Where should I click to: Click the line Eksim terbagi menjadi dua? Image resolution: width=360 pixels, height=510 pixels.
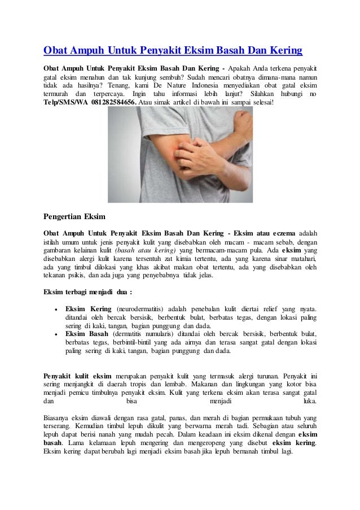tap(88, 293)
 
